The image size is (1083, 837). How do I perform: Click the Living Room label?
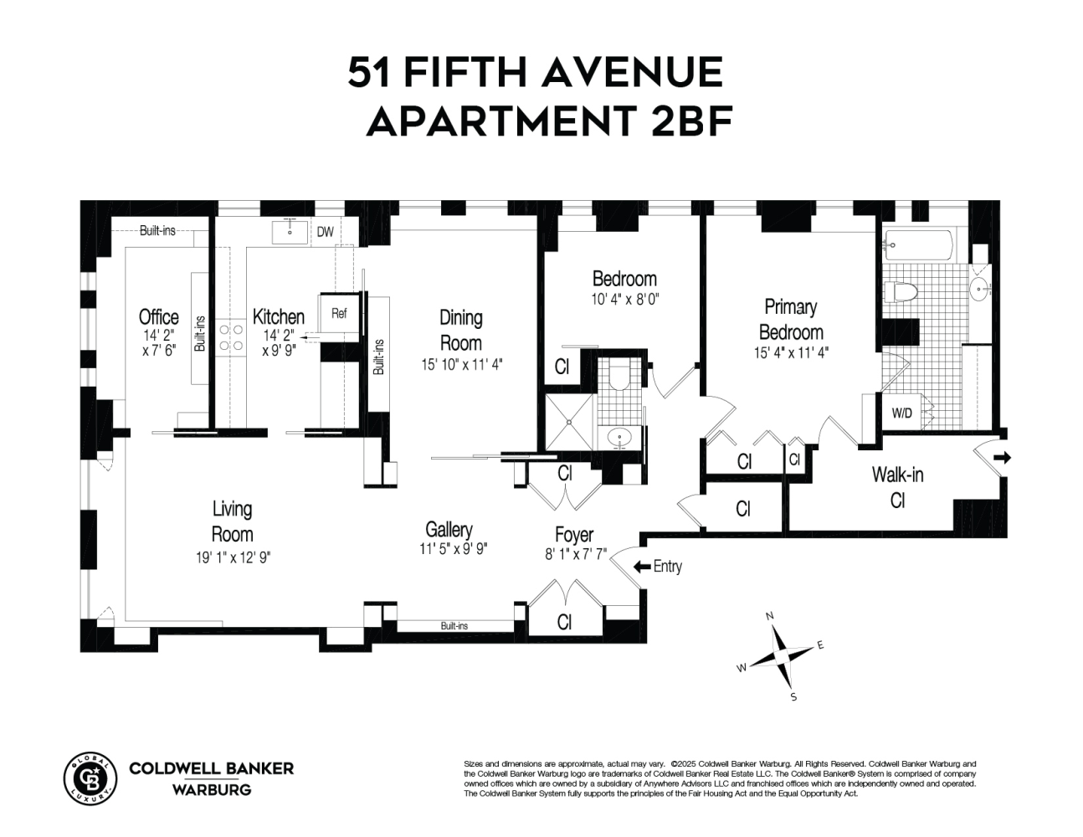[x=232, y=521]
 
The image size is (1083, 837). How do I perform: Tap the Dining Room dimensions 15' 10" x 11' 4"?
[x=462, y=364]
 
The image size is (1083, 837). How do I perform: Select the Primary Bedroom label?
[x=790, y=319]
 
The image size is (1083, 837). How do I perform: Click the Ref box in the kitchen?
[x=339, y=314]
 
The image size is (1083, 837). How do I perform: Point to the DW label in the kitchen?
[x=325, y=232]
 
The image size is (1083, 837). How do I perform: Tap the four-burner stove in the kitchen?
[x=226, y=337]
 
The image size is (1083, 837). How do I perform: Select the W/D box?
[x=901, y=413]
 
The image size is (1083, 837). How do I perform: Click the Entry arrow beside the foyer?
[x=641, y=567]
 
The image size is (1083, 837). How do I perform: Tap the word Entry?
[x=667, y=567]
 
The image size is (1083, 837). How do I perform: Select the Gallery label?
[x=449, y=530]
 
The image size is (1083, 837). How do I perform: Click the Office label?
[x=158, y=317]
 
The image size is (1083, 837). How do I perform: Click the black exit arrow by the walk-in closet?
[x=1003, y=458]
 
